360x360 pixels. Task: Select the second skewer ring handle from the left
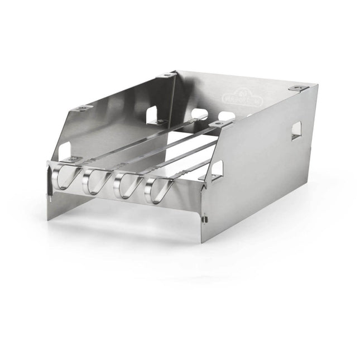(x=93, y=181)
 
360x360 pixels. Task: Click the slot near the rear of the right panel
(x=296, y=130)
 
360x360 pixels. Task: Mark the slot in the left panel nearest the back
(x=152, y=114)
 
